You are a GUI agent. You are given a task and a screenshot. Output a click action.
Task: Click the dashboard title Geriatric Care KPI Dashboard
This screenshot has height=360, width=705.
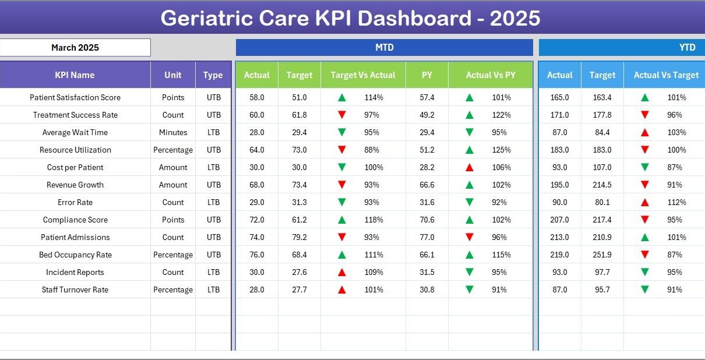[350, 18]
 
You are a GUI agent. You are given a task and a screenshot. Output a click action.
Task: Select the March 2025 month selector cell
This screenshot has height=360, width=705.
[75, 48]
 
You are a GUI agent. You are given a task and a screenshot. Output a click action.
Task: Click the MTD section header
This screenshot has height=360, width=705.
[384, 48]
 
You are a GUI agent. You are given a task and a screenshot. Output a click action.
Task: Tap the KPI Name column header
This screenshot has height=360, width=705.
[75, 75]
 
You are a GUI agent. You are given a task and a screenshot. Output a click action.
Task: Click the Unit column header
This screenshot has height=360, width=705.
[173, 75]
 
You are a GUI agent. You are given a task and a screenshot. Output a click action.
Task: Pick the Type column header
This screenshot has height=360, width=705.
[213, 75]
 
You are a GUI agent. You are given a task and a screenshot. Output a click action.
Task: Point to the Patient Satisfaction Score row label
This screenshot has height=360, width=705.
[75, 97]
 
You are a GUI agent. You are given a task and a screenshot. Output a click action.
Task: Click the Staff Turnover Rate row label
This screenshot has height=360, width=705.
[75, 290]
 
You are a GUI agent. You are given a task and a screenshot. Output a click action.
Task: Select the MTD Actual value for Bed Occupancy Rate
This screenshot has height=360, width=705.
[256, 255]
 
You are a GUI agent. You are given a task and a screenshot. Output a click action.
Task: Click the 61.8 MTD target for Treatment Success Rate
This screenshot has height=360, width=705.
[299, 115]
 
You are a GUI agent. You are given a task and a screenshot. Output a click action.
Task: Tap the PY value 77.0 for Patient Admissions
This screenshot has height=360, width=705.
[427, 237]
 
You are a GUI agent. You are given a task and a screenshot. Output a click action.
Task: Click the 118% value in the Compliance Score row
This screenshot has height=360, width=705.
[374, 220]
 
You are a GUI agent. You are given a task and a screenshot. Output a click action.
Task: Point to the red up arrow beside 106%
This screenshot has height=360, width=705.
[469, 167]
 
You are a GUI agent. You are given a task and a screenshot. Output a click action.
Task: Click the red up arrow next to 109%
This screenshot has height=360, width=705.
[342, 272]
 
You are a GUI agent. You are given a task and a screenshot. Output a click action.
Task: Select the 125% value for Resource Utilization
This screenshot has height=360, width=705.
[501, 150]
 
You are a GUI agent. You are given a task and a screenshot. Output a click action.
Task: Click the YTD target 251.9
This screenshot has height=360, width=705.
[602, 255]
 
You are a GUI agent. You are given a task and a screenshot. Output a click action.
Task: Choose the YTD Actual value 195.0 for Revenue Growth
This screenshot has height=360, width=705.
[559, 185]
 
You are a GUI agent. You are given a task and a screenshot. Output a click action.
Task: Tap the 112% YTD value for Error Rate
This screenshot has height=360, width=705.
[676, 202]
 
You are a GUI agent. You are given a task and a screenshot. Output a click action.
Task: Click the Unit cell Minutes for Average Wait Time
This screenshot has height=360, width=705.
[173, 132]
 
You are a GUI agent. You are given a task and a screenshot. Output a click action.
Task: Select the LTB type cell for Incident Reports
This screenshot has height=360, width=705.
[213, 272]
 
